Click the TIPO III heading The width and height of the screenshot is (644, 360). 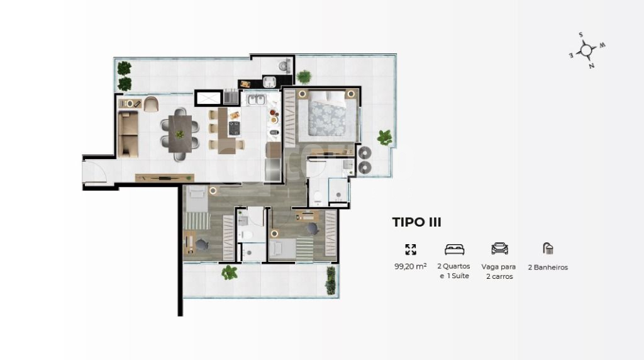[416, 222]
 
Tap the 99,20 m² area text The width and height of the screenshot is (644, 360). [410, 266]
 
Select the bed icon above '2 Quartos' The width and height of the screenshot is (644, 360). [454, 249]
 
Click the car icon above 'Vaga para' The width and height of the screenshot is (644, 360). [499, 249]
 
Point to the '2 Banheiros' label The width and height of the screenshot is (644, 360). [548, 267]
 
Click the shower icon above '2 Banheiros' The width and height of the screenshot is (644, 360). [548, 248]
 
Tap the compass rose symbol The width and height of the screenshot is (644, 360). [587, 50]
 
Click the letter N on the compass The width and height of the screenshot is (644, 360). [591, 65]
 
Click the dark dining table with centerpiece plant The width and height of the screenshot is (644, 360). [180, 134]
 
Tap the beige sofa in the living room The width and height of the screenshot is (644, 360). [128, 134]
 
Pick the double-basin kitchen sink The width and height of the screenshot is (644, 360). [257, 99]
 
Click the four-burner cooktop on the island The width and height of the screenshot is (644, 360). [234, 128]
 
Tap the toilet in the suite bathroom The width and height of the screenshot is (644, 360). [318, 198]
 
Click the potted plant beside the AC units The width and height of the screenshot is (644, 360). [385, 137]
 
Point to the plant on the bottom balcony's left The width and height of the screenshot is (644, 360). [229, 273]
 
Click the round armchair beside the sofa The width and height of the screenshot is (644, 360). [151, 104]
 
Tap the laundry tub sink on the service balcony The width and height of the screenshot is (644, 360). [269, 81]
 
